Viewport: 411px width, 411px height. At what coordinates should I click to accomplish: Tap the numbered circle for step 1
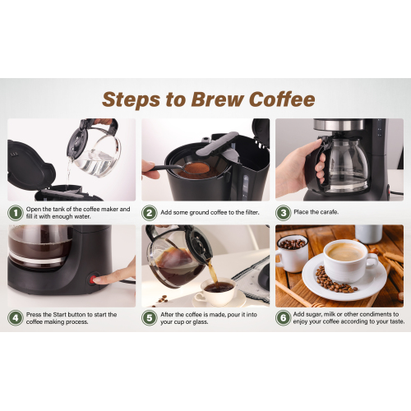pos(16,213)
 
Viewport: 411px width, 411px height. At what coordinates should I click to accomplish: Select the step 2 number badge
pos(150,213)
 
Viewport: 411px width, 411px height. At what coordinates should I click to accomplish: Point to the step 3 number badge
pos(283,213)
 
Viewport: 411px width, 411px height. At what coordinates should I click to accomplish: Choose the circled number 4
pos(16,318)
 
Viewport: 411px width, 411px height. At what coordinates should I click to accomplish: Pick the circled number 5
pos(150,318)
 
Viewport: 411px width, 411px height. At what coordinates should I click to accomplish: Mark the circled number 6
pos(283,318)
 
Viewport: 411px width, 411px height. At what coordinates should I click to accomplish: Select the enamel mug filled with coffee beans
pos(292,252)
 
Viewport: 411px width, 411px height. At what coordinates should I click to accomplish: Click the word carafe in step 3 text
pos(329,212)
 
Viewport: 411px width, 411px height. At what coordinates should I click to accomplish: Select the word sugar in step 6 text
pos(313,314)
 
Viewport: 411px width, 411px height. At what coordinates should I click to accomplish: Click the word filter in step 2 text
pos(252,212)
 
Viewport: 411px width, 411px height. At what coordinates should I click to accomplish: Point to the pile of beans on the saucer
pos(336,279)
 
